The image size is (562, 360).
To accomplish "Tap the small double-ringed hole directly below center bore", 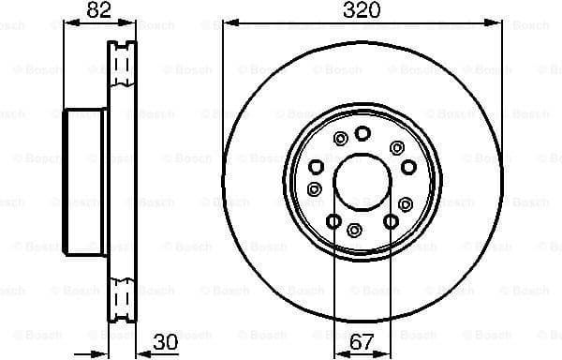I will pyautogui.click(x=354, y=230).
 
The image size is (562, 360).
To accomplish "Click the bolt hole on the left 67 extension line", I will pyautogui.click(x=333, y=221).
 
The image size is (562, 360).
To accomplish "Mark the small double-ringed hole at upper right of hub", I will pyautogui.click(x=397, y=147).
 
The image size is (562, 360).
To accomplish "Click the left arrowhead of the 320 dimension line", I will pyautogui.click(x=227, y=21).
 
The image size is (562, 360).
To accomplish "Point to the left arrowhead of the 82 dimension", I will pyautogui.click(x=67, y=21).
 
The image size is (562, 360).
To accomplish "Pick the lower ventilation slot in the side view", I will pyautogui.click(x=120, y=298).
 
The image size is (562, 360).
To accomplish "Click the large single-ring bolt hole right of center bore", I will pyautogui.click(x=408, y=168).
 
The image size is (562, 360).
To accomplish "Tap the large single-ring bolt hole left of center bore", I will pyautogui.click(x=316, y=167).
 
